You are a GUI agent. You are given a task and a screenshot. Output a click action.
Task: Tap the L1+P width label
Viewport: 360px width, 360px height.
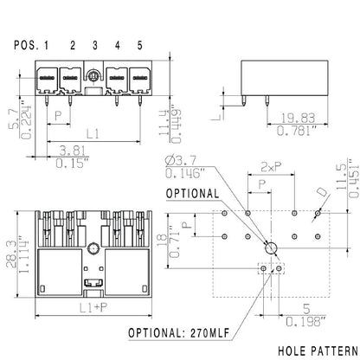point(89,307)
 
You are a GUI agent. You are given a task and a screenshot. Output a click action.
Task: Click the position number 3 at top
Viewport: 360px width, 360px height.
point(94,45)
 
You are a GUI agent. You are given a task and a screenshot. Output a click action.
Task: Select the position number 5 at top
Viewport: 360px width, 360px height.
point(139,45)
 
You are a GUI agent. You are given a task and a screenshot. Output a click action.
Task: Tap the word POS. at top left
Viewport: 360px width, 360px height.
point(26,45)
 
